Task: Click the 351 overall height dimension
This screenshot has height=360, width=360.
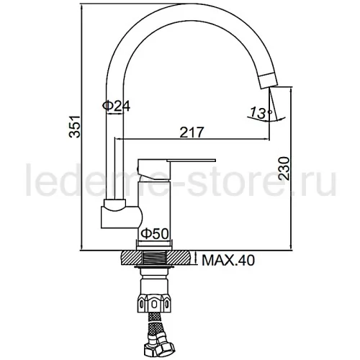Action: (x=74, y=127)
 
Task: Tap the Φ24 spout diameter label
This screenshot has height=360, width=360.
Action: (x=116, y=106)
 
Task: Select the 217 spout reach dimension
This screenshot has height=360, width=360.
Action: (x=192, y=132)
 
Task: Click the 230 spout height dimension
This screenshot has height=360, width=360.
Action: (x=284, y=168)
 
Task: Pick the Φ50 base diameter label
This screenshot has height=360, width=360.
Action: (x=154, y=234)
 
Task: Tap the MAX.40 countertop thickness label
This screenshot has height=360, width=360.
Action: (x=228, y=261)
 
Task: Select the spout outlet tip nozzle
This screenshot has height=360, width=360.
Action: (x=268, y=81)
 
